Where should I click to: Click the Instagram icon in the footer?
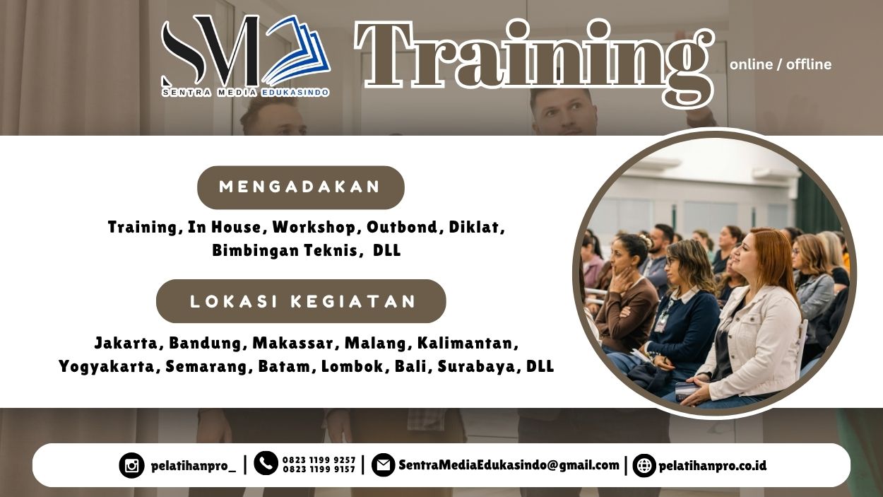coord(131,466)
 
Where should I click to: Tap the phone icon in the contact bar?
coord(266,463)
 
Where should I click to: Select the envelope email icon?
coord(383,465)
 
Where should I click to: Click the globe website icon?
coord(644,466)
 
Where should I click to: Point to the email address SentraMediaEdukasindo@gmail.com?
coord(509,465)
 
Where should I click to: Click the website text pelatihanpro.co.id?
coord(712,466)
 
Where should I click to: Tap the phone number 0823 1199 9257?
coord(319,460)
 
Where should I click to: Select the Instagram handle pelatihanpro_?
coord(193,466)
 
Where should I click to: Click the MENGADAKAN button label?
coord(300,187)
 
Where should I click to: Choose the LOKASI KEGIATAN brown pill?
coord(301,301)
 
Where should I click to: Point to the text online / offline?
coord(781,64)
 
